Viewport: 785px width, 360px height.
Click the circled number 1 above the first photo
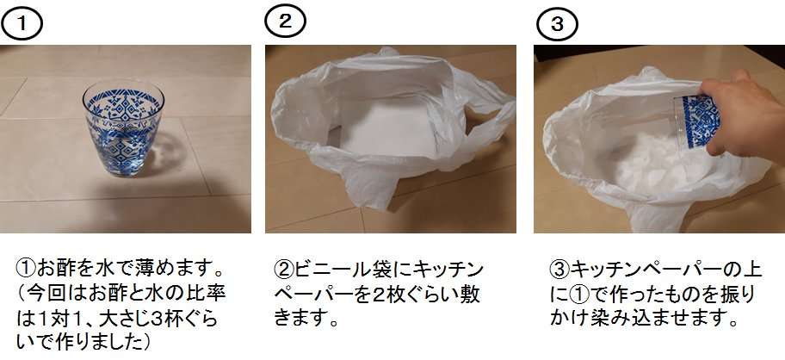(x=22, y=24)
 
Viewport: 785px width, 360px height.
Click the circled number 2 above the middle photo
(x=285, y=22)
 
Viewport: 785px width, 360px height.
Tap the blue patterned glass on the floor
(x=123, y=127)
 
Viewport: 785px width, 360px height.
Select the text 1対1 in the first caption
(x=60, y=319)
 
